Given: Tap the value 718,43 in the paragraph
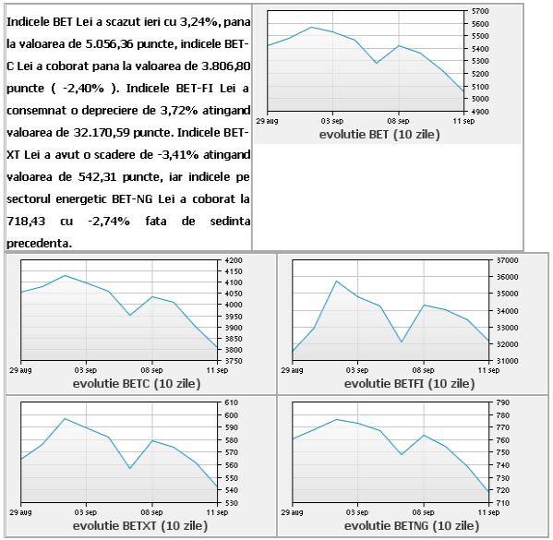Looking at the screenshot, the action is pyautogui.click(x=26, y=222).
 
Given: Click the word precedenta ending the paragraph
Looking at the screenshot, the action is pyautogui.click(x=39, y=244).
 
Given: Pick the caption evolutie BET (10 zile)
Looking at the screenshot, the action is pyautogui.click(x=379, y=135).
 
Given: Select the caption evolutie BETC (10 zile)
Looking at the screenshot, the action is pyautogui.click(x=137, y=383).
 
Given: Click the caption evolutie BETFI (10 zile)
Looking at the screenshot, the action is pyautogui.click(x=410, y=383).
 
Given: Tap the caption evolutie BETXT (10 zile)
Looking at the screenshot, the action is pyautogui.click(x=140, y=525).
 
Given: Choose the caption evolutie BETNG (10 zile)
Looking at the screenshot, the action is pyautogui.click(x=412, y=525).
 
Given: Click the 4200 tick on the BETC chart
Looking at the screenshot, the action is pyautogui.click(x=234, y=260).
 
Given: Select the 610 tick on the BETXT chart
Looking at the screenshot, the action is pyautogui.click(x=232, y=402).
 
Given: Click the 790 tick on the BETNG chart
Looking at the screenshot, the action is pyautogui.click(x=503, y=402).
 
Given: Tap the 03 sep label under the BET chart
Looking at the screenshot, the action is pyautogui.click(x=331, y=121).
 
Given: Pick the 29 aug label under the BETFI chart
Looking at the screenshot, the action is pyautogui.click(x=292, y=370).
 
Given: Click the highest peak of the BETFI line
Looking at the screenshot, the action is pyautogui.click(x=336, y=282).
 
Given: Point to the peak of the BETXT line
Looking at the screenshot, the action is pyautogui.click(x=65, y=419).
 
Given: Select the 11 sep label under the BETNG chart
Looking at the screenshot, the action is pyautogui.click(x=488, y=512).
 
